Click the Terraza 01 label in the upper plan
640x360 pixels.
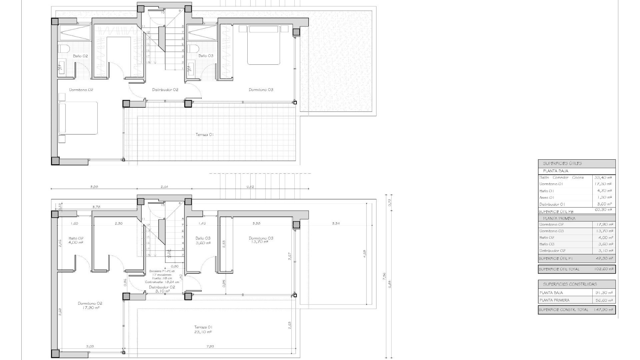point(204,135)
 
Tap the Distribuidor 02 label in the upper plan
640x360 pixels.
point(165,90)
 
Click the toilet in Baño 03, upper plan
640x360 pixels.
point(192,49)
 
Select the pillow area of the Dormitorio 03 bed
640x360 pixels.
point(263,29)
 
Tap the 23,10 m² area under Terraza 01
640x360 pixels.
point(203,332)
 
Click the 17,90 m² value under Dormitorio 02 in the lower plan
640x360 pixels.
point(90,308)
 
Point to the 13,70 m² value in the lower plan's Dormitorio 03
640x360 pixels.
point(260,242)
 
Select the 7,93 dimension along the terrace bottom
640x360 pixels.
point(210,346)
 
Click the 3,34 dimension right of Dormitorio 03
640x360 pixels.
point(336,223)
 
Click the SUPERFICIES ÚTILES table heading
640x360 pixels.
point(562,164)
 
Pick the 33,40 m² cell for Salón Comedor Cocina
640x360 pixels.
point(603,178)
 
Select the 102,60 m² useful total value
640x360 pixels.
point(603,269)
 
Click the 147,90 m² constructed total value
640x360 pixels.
point(603,310)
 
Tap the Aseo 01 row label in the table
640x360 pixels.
point(547,197)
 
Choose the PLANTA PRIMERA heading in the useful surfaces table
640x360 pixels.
point(559,218)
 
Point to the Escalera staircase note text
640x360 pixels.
point(162,277)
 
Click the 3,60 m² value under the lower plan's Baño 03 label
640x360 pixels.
point(203,243)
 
